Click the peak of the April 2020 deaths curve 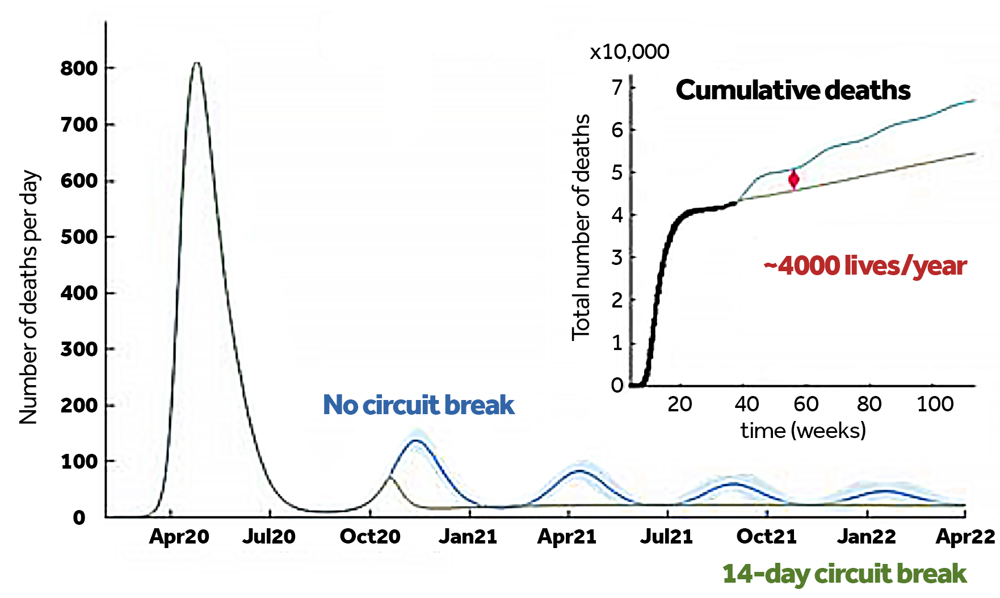click(196, 63)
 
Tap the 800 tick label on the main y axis click(79, 69)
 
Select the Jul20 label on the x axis click(268, 537)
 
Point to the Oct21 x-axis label click(766, 537)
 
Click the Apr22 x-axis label click(965, 537)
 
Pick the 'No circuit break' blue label click(418, 405)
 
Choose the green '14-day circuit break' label click(844, 574)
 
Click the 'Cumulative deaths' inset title click(793, 90)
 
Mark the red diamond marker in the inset click(793, 180)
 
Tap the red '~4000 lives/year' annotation click(865, 266)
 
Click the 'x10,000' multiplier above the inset click(629, 52)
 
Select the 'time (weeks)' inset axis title click(803, 431)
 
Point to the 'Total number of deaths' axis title click(581, 227)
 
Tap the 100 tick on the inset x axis click(935, 405)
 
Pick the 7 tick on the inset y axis click(617, 87)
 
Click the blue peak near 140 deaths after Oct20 click(417, 440)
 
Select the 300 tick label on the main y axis click(79, 349)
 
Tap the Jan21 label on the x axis click(468, 537)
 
